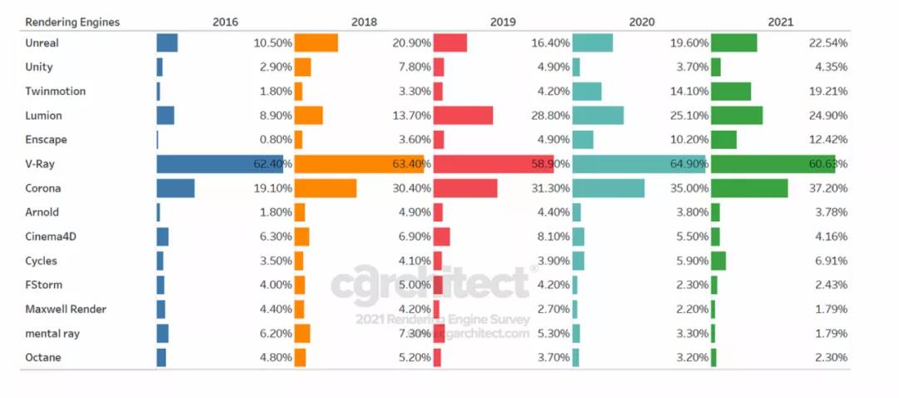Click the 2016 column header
[x=226, y=22]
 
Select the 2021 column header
[x=780, y=22]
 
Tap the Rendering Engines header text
[x=72, y=22]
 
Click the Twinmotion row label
[x=55, y=92]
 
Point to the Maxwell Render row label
[x=66, y=310]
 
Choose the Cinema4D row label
[x=53, y=237]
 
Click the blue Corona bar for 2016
[x=176, y=189]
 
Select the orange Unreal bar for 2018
[x=316, y=43]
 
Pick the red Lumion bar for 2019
[x=463, y=116]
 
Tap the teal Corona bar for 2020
[x=608, y=189]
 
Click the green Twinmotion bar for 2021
[x=731, y=92]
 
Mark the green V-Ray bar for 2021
[x=773, y=164]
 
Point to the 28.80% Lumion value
[x=551, y=116]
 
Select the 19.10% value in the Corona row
[x=273, y=189]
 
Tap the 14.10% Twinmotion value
[x=689, y=92]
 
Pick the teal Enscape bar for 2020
[x=583, y=140]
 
